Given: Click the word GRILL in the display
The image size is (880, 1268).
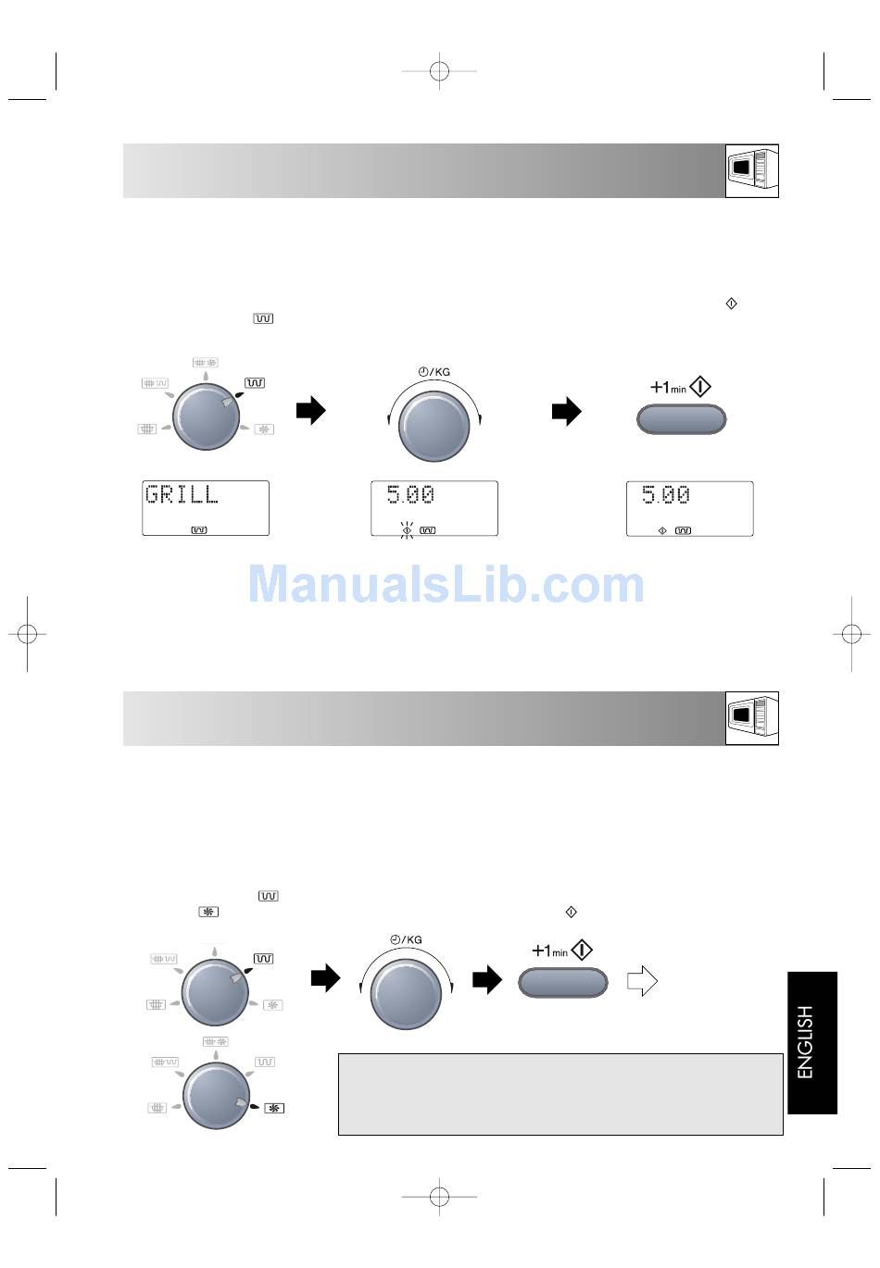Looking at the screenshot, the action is tap(182, 494).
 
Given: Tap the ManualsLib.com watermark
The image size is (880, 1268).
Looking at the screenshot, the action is tap(446, 584).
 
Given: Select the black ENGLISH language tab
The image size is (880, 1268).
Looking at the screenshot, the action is tap(812, 1043).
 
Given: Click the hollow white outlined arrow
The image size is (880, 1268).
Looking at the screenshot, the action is tap(642, 981).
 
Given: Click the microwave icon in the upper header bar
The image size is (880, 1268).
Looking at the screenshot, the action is tap(752, 170).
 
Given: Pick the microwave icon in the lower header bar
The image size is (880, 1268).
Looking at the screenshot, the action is tap(752, 718).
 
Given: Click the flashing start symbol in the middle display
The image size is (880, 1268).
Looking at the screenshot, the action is tap(407, 530).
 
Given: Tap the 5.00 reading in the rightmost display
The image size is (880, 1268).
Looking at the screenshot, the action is tap(665, 495).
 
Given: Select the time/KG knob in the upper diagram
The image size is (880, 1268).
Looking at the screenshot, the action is tap(434, 426).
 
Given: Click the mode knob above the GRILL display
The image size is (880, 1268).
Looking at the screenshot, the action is tap(206, 416).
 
